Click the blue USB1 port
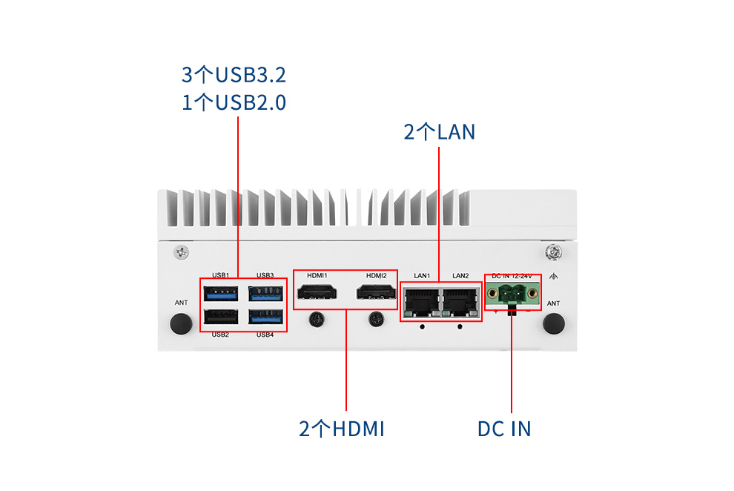220,292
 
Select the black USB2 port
220,317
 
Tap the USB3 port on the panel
266,292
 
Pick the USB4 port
266,317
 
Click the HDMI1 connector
317,294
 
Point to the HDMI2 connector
376,294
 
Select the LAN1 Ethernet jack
420,300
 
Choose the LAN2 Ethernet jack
460,300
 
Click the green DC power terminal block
513,295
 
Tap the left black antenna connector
180,323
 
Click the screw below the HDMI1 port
317,320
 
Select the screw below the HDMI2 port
376,320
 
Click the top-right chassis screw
552,252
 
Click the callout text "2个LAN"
439,132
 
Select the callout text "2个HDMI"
342,429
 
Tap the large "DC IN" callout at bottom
504,429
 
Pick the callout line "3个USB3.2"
234,75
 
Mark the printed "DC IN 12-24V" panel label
512,276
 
